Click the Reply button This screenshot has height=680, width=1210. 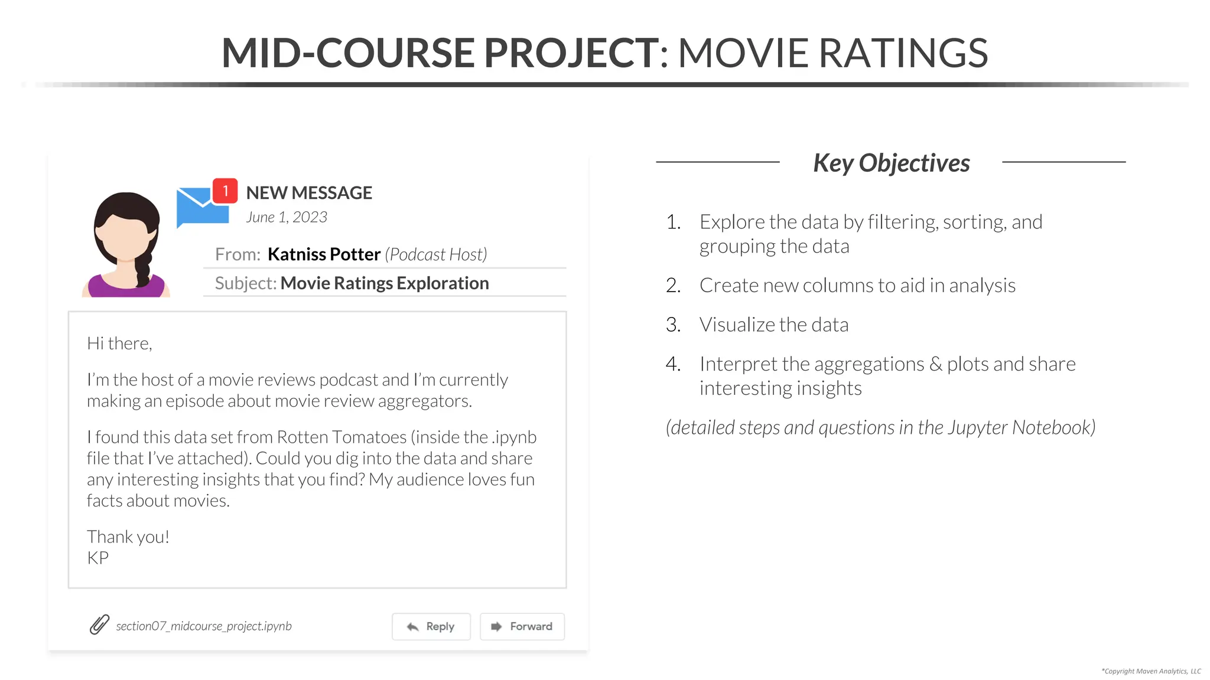[x=431, y=626]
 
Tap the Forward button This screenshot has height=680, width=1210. [x=522, y=626]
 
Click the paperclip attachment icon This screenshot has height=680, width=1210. [x=99, y=625]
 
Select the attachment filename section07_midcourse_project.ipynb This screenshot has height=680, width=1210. [x=204, y=626]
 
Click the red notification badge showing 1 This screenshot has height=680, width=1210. [x=225, y=191]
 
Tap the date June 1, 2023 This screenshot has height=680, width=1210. [x=287, y=217]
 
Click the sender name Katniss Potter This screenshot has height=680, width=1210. [x=324, y=254]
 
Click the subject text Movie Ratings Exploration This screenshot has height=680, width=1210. [x=385, y=283]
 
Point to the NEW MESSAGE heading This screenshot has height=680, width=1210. [x=309, y=193]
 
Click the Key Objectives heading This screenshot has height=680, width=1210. [x=892, y=163]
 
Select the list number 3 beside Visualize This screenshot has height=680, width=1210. [x=672, y=325]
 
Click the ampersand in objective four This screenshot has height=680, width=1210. [x=936, y=364]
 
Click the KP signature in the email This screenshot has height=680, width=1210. [x=98, y=558]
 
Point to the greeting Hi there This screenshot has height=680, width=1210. [x=119, y=344]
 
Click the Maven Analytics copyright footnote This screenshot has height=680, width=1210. [x=1151, y=671]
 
